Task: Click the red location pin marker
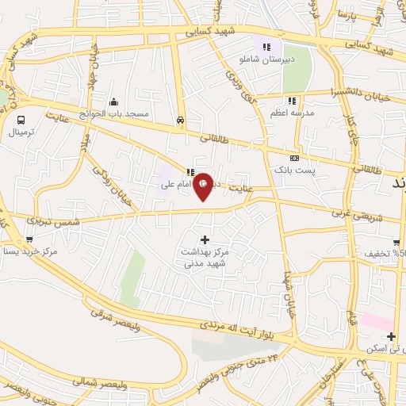[x=204, y=186]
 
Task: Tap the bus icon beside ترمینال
[x=21, y=120]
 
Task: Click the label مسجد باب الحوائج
[x=119, y=114]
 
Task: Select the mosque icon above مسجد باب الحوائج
[x=115, y=101]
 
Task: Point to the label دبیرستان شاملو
[x=267, y=60]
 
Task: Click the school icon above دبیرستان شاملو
[x=267, y=47]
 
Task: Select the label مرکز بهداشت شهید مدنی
[x=205, y=255]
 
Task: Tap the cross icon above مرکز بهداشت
[x=205, y=239]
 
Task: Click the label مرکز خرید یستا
[x=29, y=251]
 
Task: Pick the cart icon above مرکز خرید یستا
[x=29, y=239]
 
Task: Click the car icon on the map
[x=181, y=121]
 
